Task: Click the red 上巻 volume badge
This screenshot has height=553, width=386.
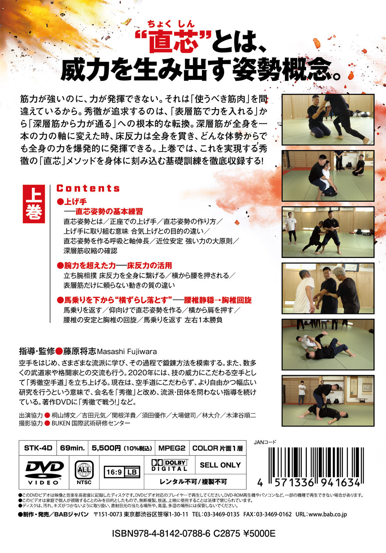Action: (x=34, y=204)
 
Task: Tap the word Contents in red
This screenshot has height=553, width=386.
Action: (x=88, y=188)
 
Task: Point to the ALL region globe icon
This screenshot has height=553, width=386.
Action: (x=84, y=470)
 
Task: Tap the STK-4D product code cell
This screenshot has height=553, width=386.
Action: (x=38, y=448)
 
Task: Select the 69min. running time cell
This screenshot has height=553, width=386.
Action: (x=72, y=448)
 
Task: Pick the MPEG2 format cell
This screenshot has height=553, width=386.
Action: (x=172, y=448)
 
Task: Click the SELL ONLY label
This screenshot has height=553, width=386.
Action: (x=220, y=465)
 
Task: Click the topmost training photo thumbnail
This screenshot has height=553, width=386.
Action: (x=328, y=120)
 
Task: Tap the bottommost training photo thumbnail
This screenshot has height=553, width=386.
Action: (x=328, y=401)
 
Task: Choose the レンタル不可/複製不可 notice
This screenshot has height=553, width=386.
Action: (x=193, y=482)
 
